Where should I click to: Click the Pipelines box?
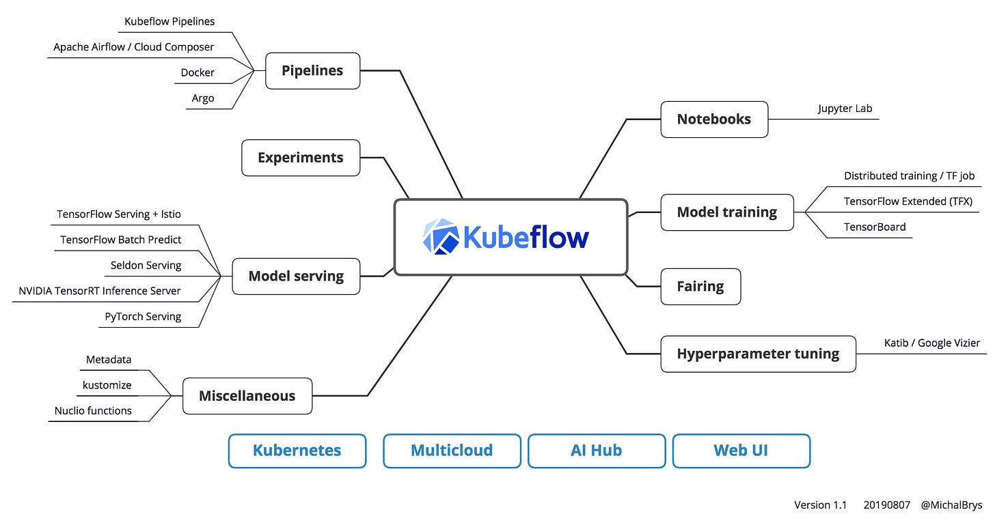pyautogui.click(x=312, y=70)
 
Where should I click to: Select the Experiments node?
pyautogui.click(x=301, y=158)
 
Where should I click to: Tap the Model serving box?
pyautogui.click(x=296, y=277)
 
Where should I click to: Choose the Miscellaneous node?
pyautogui.click(x=247, y=396)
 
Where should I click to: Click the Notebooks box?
pyautogui.click(x=714, y=119)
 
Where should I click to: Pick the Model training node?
pyautogui.click(x=727, y=212)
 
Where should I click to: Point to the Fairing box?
pyautogui.click(x=700, y=287)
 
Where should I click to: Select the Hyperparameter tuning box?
pyautogui.click(x=758, y=354)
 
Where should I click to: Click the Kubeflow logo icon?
pyautogui.click(x=440, y=237)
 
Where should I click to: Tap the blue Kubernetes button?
pyautogui.click(x=297, y=451)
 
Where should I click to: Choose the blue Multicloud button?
pyautogui.click(x=452, y=451)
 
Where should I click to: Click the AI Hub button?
pyautogui.click(x=597, y=451)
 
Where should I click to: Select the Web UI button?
pyautogui.click(x=741, y=451)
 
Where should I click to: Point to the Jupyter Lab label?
pyautogui.click(x=845, y=109)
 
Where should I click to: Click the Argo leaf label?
pyautogui.click(x=202, y=98)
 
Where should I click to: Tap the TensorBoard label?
pyautogui.click(x=875, y=227)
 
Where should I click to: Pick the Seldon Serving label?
pyautogui.click(x=146, y=265)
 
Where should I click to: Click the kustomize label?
pyautogui.click(x=107, y=385)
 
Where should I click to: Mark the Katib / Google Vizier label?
pyautogui.click(x=931, y=343)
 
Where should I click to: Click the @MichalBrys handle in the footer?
pyautogui.click(x=952, y=505)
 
